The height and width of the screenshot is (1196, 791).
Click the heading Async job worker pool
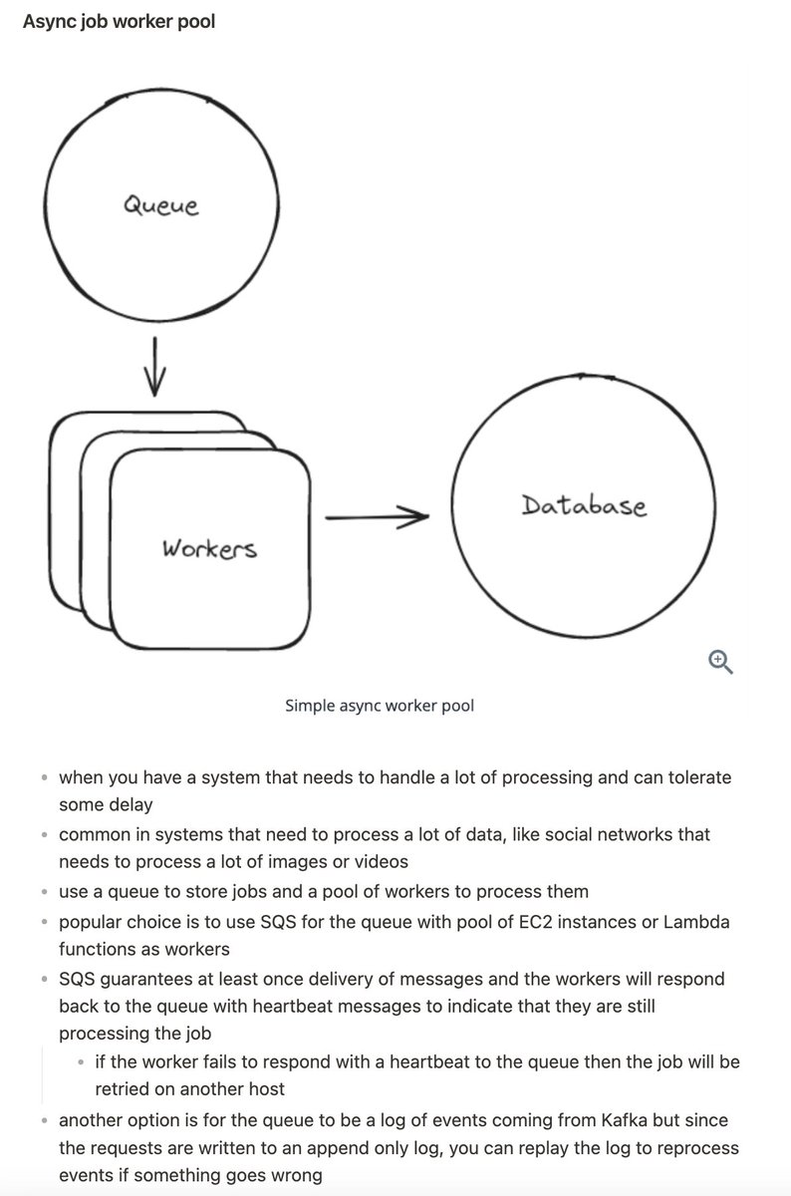tap(119, 20)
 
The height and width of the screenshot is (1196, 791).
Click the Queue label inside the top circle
tap(160, 205)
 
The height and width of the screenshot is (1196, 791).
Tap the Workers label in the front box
tap(209, 548)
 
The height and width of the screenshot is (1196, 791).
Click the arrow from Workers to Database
tap(377, 516)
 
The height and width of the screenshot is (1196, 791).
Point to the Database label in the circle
tap(584, 505)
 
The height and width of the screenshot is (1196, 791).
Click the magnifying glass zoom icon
tap(720, 661)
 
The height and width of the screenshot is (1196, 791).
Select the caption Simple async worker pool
tap(380, 706)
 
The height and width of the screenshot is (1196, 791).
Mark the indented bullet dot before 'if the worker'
tap(81, 1062)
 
